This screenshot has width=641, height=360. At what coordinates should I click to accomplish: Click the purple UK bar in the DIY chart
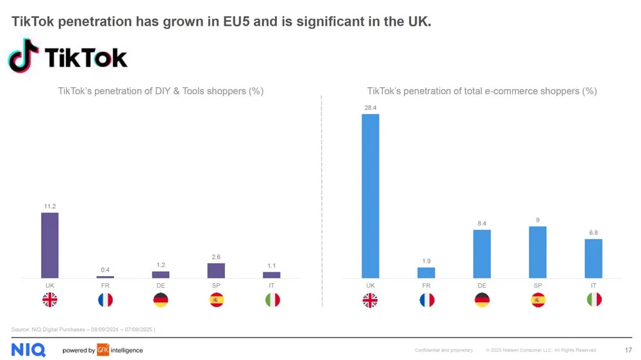(50, 245)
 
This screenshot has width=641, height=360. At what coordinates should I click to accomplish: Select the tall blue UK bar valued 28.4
(370, 196)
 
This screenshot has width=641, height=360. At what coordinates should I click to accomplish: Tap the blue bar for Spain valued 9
(538, 252)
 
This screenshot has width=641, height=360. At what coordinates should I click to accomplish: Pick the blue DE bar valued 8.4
(482, 254)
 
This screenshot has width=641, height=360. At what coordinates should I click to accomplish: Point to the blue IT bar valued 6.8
(594, 258)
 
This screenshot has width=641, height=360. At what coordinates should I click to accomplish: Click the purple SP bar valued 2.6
(216, 270)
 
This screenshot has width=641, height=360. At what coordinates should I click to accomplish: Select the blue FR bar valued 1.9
(426, 272)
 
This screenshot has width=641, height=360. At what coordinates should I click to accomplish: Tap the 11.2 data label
(50, 206)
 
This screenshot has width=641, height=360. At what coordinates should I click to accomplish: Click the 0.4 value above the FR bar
(105, 270)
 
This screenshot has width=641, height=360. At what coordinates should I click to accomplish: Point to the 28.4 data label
(370, 108)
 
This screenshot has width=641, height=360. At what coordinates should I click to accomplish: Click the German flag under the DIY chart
(161, 299)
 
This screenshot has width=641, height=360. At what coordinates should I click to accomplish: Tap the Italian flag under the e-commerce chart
(594, 299)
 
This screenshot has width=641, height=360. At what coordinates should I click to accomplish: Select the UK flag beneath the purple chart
(50, 299)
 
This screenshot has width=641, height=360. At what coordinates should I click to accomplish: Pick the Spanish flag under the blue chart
(538, 299)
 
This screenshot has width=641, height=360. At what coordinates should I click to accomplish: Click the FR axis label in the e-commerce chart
(426, 284)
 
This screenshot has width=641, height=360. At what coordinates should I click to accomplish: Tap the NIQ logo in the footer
(28, 350)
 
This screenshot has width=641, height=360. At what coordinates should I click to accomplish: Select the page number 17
(628, 350)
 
